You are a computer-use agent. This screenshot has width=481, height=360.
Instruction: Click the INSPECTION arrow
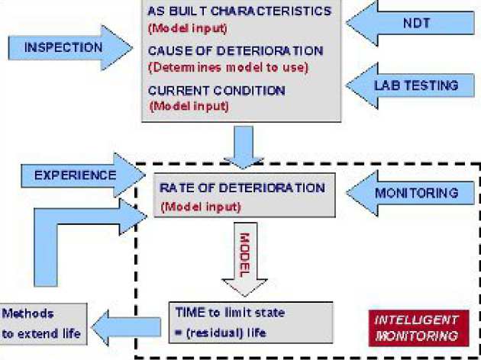[x=64, y=47]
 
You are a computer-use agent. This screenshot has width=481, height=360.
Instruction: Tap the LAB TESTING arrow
[x=413, y=85]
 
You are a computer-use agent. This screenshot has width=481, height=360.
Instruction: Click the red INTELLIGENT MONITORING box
[x=416, y=327]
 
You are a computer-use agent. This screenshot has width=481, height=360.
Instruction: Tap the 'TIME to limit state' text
[x=221, y=313]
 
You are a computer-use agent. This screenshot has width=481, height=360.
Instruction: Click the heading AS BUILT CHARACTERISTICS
[x=240, y=11]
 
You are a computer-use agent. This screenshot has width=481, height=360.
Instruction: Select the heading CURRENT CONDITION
[x=216, y=91]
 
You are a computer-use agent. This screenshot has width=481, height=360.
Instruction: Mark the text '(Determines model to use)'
[x=227, y=67]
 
